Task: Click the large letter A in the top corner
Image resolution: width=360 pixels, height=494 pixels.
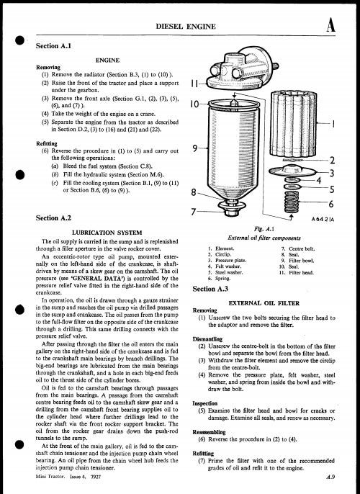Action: tap(330, 25)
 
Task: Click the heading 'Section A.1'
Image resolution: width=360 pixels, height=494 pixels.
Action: tap(53, 46)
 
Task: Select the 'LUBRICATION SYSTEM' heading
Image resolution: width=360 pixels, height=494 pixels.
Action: tap(107, 233)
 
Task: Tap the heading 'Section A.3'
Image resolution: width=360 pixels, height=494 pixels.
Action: tap(210, 289)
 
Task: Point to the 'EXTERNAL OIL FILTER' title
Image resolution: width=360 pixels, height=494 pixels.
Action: tap(264, 303)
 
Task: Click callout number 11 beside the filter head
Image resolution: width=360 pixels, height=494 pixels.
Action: tap(195, 84)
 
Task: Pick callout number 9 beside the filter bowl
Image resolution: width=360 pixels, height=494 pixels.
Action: tap(195, 148)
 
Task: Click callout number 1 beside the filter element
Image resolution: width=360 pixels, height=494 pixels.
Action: tap(333, 124)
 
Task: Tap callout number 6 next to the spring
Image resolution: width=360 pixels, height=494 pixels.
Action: tap(331, 204)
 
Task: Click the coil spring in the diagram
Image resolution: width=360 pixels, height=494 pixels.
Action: tap(291, 202)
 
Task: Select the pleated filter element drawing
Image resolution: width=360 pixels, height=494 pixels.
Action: tap(293, 123)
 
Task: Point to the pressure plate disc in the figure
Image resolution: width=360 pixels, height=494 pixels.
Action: tap(292, 170)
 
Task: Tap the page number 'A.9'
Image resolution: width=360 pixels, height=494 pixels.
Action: tap(330, 477)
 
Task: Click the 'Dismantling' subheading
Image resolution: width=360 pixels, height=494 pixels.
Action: tap(207, 339)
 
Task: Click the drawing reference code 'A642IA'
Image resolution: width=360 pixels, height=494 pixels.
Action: tap(323, 219)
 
